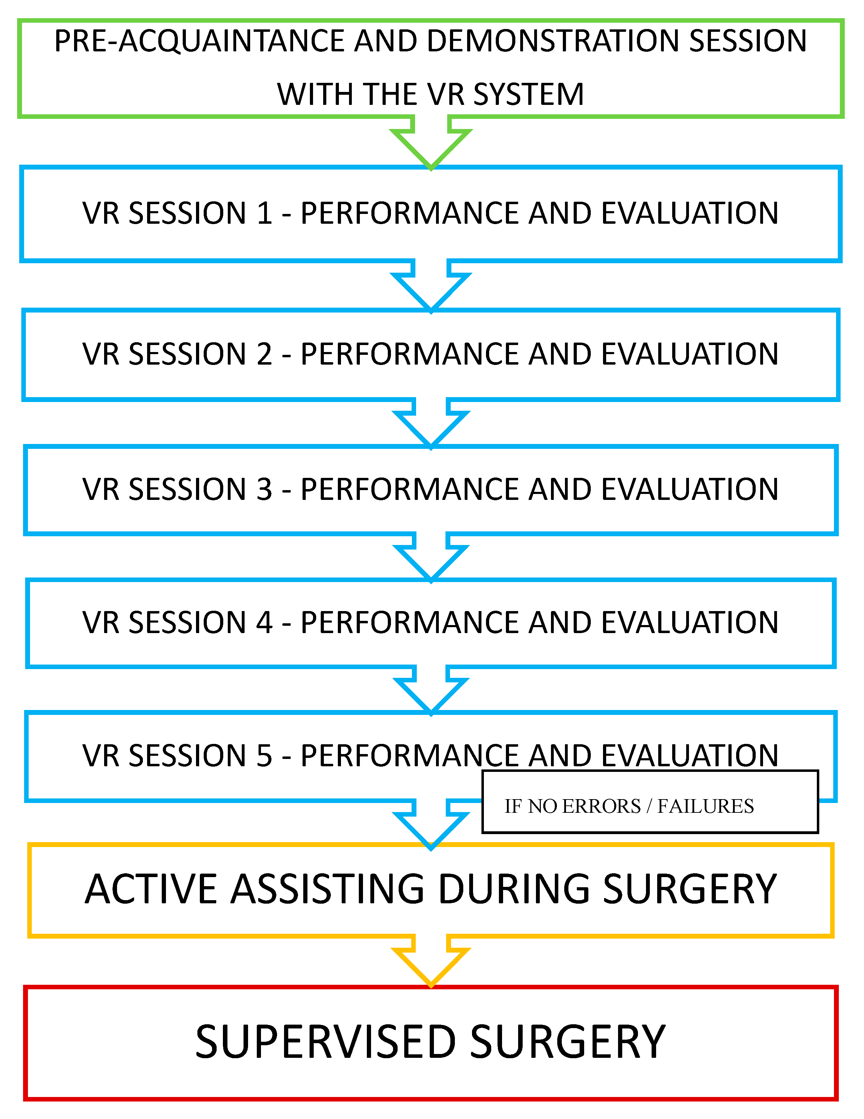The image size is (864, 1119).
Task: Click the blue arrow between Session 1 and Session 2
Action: pyautogui.click(x=431, y=287)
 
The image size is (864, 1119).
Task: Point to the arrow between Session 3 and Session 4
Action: pyautogui.click(x=431, y=559)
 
